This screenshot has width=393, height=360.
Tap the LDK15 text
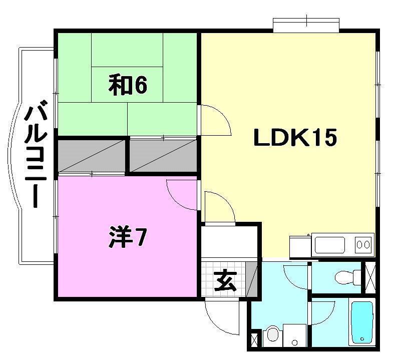coord(294,138)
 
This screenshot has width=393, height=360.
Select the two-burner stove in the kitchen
coord(364,245)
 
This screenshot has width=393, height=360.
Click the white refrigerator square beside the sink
coord(299,246)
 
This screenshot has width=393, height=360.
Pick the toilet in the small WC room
coord(346,276)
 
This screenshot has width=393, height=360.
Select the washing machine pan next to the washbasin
coord(294,334)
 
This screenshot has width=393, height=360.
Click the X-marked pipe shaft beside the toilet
coord(370,277)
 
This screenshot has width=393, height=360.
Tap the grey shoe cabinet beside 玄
coord(252,280)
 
